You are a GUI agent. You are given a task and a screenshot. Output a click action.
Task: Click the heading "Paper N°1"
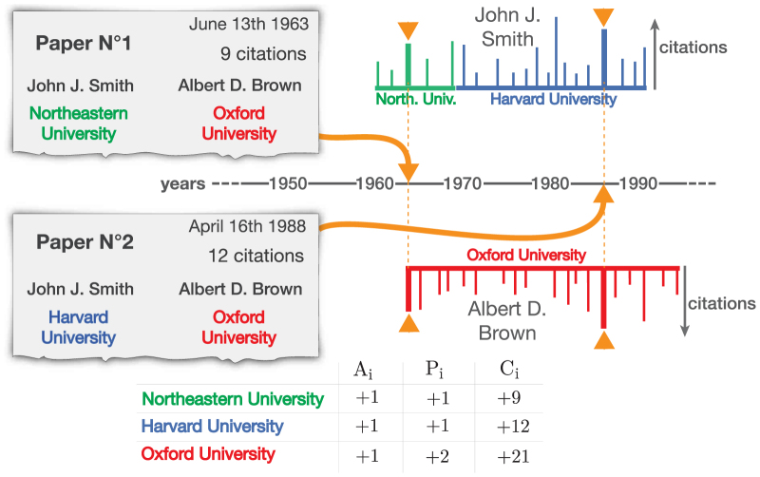(84, 44)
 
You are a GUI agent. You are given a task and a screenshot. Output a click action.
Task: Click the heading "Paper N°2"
(85, 242)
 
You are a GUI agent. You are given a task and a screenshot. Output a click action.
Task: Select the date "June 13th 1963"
(249, 24)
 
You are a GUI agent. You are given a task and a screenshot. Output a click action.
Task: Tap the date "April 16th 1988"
(248, 226)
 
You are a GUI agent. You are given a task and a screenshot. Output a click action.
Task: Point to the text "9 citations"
(263, 54)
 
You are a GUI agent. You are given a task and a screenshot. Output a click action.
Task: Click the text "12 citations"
(256, 256)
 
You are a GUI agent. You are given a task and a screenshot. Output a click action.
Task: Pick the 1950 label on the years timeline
(289, 183)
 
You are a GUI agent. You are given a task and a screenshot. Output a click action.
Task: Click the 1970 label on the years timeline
(463, 183)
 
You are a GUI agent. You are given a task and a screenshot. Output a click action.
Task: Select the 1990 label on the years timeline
(638, 183)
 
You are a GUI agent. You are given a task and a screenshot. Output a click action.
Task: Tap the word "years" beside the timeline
(183, 184)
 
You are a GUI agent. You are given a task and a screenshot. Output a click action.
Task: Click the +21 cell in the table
(513, 456)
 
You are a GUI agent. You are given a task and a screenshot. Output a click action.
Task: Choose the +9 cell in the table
(509, 398)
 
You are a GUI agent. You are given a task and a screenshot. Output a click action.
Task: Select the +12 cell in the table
(513, 427)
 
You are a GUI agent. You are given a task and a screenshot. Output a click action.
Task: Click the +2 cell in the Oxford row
(438, 456)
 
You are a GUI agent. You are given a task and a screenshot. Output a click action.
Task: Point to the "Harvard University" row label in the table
(212, 426)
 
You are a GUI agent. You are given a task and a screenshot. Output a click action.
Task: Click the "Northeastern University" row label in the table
(233, 399)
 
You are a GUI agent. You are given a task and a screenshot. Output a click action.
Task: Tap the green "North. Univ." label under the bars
(416, 100)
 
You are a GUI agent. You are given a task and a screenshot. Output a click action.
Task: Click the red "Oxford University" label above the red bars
(526, 255)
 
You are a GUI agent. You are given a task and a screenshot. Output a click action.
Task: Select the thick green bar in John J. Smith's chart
(408, 66)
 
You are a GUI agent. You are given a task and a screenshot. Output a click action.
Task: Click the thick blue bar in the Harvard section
(604, 58)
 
